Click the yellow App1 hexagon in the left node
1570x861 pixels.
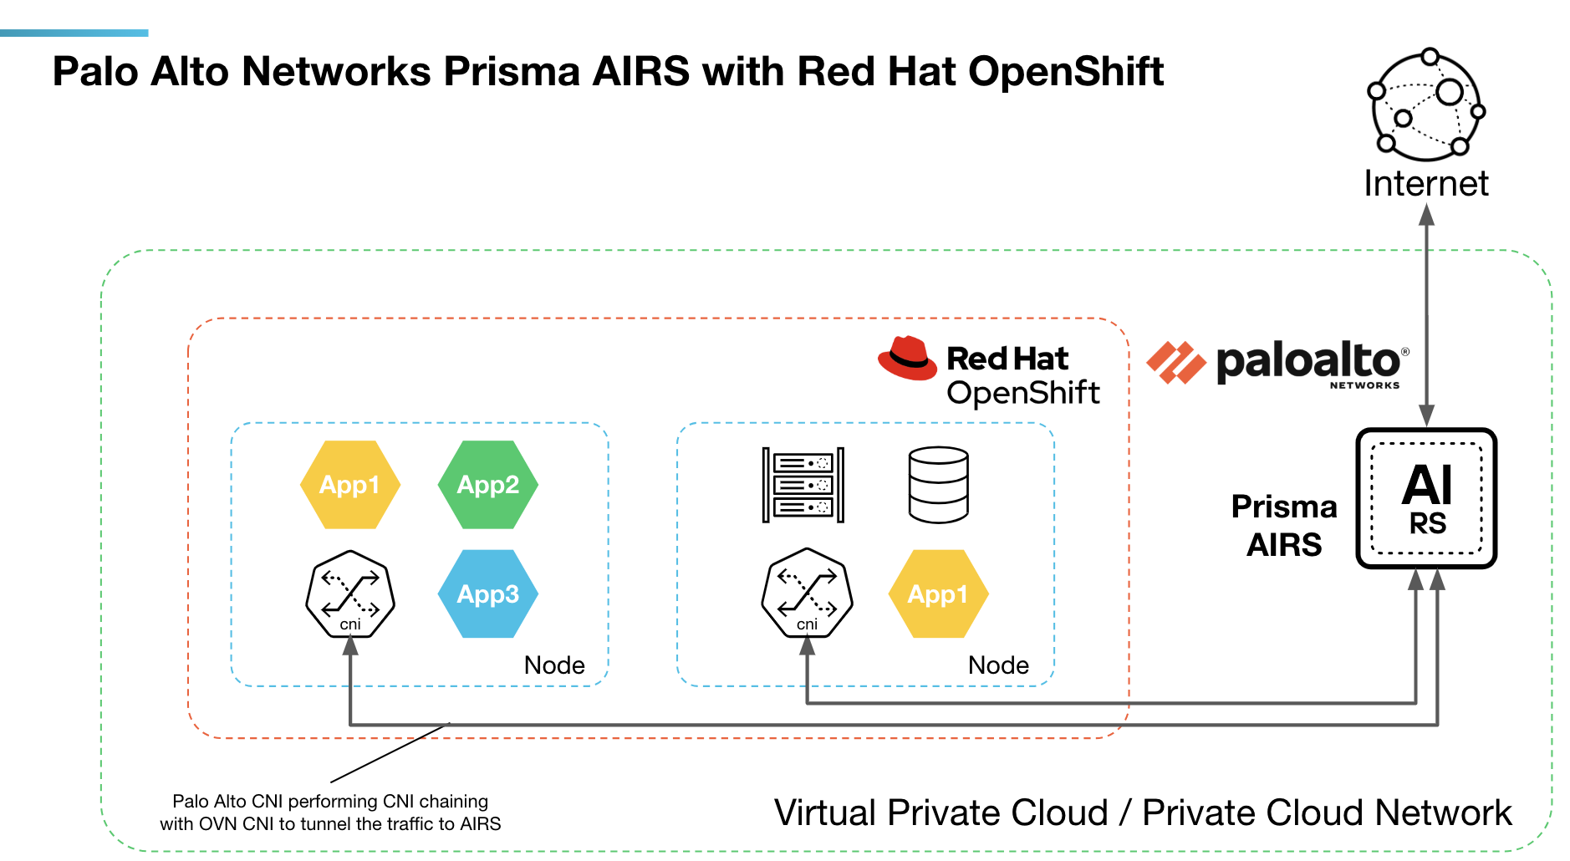[349, 485]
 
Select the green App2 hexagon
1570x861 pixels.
[487, 485]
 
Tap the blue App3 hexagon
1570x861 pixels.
[487, 594]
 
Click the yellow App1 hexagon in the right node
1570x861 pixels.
[938, 594]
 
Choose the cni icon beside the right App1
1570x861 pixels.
[807, 593]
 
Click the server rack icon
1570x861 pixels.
[803, 485]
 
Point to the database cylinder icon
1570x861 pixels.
[938, 485]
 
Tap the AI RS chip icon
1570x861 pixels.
[1426, 498]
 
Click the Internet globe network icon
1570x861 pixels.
[1426, 105]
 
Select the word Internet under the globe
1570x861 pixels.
[1426, 184]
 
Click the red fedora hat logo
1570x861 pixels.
[907, 359]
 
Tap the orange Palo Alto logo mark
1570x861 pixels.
[1176, 363]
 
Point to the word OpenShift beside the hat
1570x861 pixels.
[1023, 393]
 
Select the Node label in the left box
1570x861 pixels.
[554, 665]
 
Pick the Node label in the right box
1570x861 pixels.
[998, 665]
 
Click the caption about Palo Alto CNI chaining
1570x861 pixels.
[330, 813]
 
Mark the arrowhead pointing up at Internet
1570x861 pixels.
[1427, 215]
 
